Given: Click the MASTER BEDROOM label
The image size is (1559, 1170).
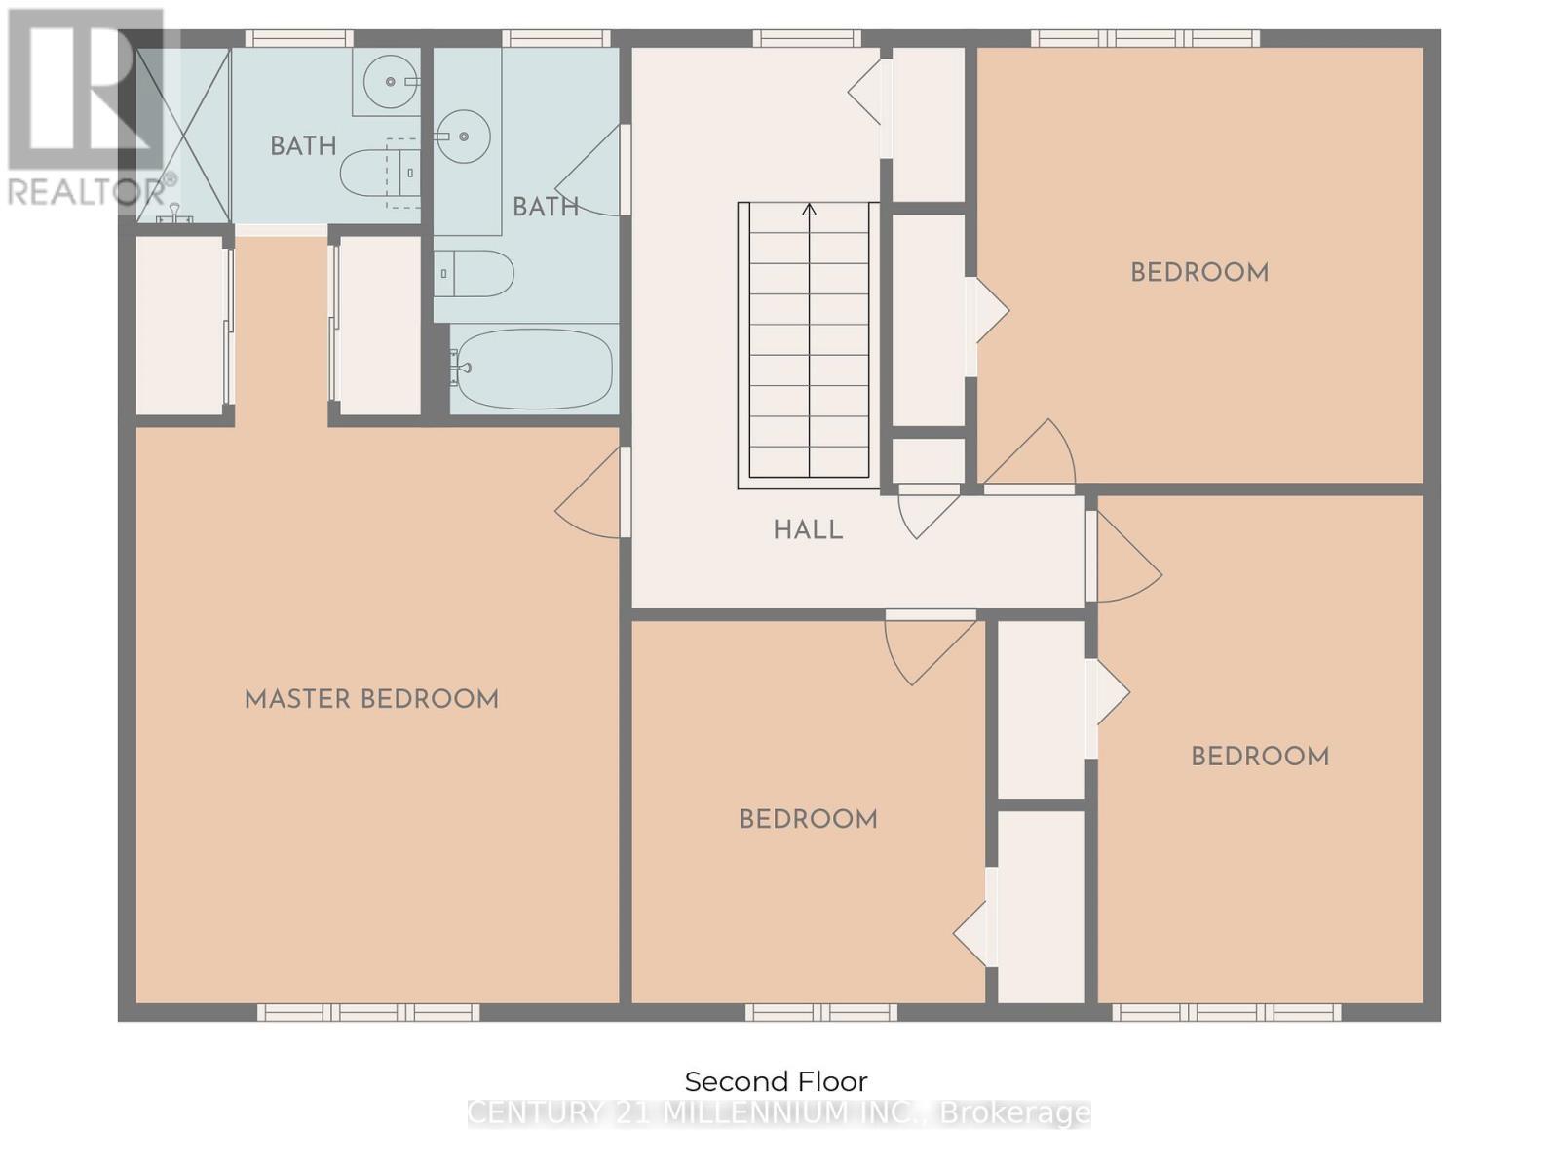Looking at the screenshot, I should point(371,699).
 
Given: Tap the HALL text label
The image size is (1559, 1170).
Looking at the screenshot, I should point(808,530).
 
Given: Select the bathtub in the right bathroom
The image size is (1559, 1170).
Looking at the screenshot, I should point(534,369).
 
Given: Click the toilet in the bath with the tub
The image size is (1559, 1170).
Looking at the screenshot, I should point(475,274).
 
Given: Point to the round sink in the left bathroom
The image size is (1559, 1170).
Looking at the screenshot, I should point(390,81).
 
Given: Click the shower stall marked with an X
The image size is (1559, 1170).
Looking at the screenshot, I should point(183,135).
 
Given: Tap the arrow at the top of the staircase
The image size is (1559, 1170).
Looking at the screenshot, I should point(809,210).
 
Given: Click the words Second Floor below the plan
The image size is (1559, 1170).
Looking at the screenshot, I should point(776,1081).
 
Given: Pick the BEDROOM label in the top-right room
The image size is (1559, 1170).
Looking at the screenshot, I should point(1199,272).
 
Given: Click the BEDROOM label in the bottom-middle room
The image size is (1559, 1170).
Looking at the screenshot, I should point(808,819).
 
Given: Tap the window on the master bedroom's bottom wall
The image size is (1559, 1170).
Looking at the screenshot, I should point(368,1012).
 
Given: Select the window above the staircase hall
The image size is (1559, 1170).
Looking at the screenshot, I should point(807,39).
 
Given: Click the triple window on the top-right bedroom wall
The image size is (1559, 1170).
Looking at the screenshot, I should point(1146,39).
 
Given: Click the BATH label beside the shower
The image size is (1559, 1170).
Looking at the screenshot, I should point(303,146).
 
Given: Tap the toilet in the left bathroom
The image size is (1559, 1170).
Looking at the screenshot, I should point(375,173).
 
